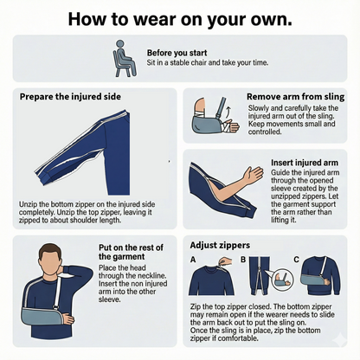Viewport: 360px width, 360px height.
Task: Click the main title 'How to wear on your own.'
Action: tap(179, 18)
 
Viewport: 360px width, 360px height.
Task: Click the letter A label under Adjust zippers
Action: tap(193, 259)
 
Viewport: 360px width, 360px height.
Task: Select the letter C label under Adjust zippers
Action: tap(296, 259)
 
